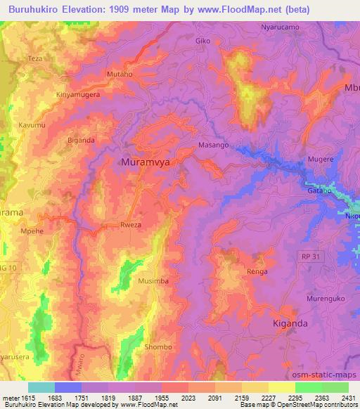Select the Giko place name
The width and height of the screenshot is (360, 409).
(x=202, y=41)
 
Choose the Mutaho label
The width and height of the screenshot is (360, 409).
(x=119, y=73)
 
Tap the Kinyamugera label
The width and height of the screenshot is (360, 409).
(x=77, y=93)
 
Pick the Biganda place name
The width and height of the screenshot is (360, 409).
(x=81, y=140)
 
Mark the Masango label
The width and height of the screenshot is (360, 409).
(x=214, y=145)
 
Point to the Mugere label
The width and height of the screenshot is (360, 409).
(x=321, y=160)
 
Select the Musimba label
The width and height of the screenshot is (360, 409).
(x=153, y=280)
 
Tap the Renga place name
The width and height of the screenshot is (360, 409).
(x=257, y=271)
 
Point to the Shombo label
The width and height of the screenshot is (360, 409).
(x=157, y=347)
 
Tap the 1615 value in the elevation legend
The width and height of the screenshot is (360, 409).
(x=29, y=397)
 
